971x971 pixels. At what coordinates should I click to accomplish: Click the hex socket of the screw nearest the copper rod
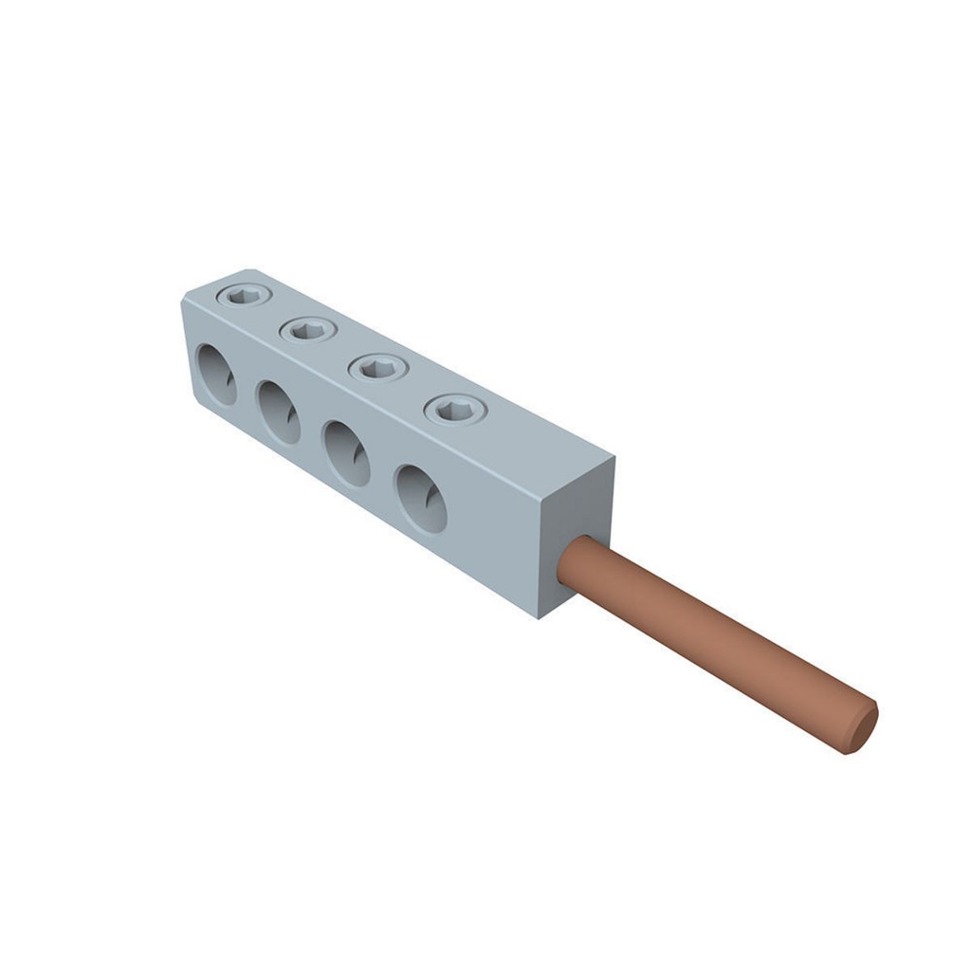455,410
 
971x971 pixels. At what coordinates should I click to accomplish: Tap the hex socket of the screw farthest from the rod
244,296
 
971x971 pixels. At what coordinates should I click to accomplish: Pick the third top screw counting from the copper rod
308,330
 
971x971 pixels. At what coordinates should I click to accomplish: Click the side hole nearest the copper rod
421,498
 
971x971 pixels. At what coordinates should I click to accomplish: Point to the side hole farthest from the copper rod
216,375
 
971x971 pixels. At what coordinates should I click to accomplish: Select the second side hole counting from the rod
347,453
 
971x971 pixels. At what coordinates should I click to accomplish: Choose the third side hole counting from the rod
279,412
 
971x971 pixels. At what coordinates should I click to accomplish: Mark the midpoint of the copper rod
716,645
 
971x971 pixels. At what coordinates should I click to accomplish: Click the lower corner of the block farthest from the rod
199,406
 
